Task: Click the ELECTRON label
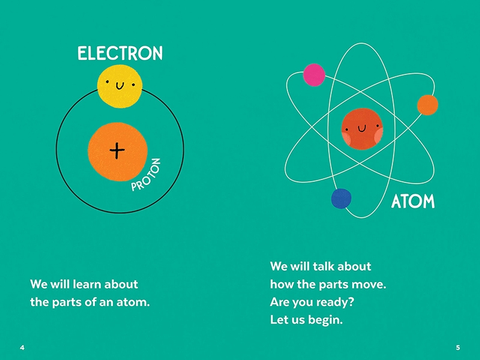(120, 53)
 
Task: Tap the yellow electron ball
(119, 86)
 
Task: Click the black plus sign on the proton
(117, 151)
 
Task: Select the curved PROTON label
(146, 175)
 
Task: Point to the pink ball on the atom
(314, 74)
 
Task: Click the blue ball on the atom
(341, 199)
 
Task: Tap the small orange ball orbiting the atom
(427, 105)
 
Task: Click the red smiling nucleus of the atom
(362, 129)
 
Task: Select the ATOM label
(413, 201)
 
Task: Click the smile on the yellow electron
(119, 86)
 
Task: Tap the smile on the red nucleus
(362, 128)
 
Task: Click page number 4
(22, 347)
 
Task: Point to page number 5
(458, 347)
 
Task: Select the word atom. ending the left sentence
(133, 302)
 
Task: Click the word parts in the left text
(67, 302)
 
